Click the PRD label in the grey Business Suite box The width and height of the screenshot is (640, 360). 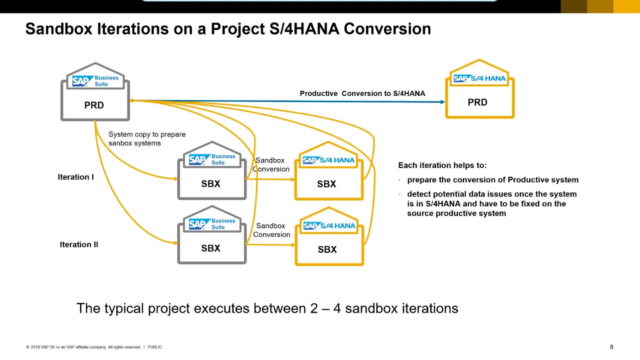pos(94,105)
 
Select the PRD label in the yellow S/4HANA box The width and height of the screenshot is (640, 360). pos(477,102)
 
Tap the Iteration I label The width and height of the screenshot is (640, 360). pos(76,177)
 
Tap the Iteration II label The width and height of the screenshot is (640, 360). pos(79,245)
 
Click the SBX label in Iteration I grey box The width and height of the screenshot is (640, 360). pos(211,184)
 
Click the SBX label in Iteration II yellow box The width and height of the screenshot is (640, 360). pos(327,250)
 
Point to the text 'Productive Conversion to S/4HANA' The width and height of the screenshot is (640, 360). pos(362,93)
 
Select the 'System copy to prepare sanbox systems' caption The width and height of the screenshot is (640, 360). pos(147,139)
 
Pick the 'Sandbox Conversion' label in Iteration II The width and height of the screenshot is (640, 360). pos(271,230)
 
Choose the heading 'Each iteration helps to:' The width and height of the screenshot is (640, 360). pos(442,165)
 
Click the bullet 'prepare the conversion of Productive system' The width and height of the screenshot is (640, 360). pos(492,180)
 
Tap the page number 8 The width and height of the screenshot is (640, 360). pos(612,347)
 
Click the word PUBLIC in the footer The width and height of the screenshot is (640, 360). pos(155,347)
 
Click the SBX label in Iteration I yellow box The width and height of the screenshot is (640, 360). pos(326,184)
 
